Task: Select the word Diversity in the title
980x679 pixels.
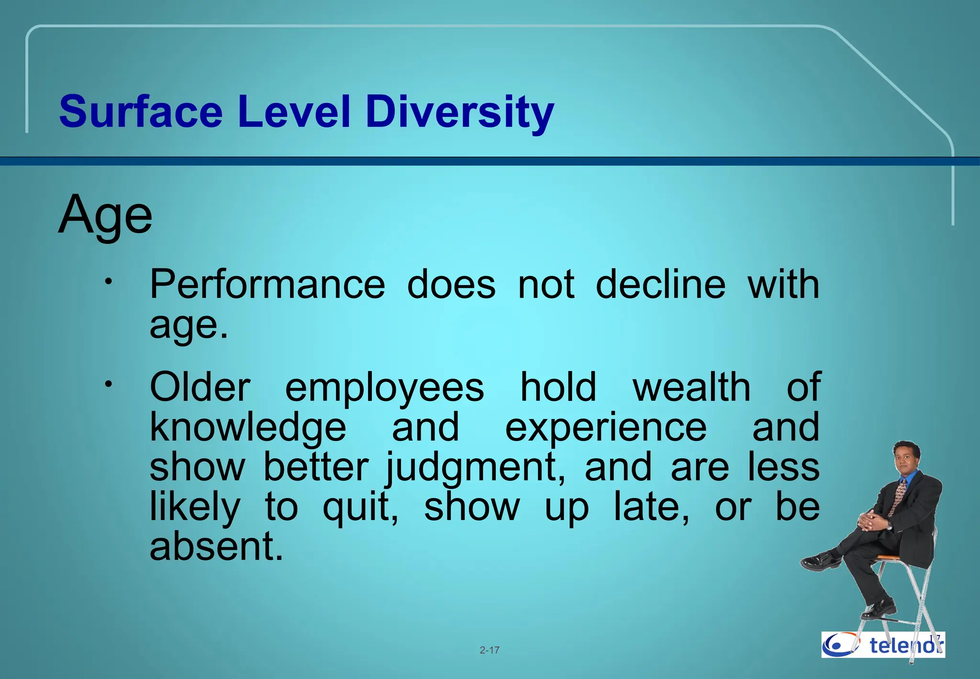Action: pyautogui.click(x=459, y=112)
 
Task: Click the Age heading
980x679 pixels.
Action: pyautogui.click(x=105, y=215)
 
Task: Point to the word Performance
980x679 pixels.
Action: pyautogui.click(x=267, y=285)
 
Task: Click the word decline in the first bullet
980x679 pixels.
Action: pyautogui.click(x=660, y=284)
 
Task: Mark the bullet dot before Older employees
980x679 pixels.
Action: pyautogui.click(x=109, y=384)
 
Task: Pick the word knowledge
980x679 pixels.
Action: pyautogui.click(x=248, y=428)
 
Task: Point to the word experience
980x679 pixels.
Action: pyautogui.click(x=606, y=428)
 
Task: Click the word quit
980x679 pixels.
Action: pyautogui.click(x=360, y=508)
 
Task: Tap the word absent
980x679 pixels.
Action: pyautogui.click(x=216, y=547)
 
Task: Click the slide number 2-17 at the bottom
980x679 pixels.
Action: pyautogui.click(x=490, y=650)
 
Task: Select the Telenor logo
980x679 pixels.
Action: pyautogui.click(x=883, y=645)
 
